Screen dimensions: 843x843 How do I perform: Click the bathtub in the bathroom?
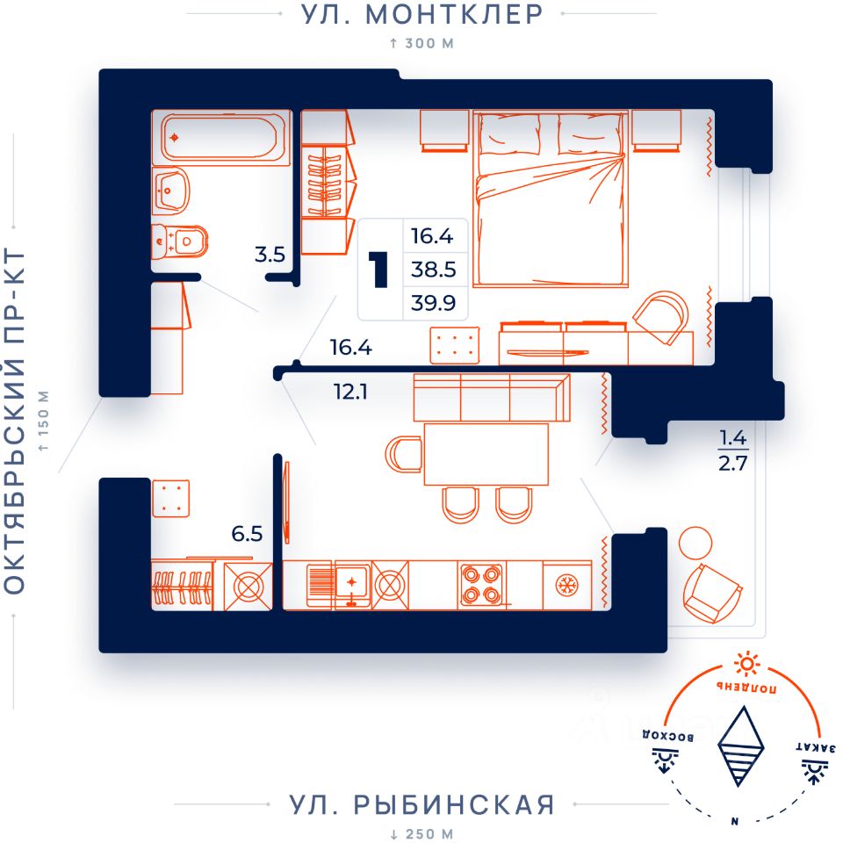point(221,138)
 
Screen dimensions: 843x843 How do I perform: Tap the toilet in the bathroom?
point(179,241)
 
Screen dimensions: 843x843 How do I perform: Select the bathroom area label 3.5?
point(270,254)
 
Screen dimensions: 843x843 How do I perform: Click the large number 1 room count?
point(379,270)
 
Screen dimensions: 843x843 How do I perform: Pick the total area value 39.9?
point(433,303)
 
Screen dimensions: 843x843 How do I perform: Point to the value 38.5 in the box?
point(433,270)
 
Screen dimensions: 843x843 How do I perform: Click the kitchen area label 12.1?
point(350,392)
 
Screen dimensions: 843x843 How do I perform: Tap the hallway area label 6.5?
point(248,534)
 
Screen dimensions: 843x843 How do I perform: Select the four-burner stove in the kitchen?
point(482,586)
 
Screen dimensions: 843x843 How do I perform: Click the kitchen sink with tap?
point(352,585)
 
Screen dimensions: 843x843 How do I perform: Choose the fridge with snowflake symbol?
point(567,585)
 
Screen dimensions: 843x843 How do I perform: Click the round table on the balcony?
point(695,543)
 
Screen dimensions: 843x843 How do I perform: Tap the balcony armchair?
point(712,593)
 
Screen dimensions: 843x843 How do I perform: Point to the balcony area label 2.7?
point(732,463)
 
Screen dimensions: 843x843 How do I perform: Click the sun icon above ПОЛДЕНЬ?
point(746,665)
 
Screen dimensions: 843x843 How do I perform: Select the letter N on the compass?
point(734,821)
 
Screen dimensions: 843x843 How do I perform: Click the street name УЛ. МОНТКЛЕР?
point(421,15)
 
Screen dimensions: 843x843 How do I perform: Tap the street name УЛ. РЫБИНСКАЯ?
point(421,805)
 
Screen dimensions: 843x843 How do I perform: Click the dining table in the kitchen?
point(486,454)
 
